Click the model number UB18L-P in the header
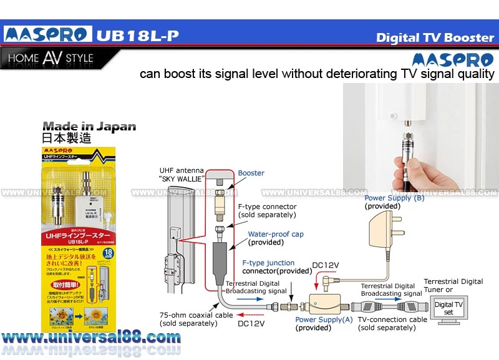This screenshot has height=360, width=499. [137, 35]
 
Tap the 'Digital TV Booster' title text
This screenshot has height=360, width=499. [435, 37]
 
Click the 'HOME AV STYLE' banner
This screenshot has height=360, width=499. [51, 59]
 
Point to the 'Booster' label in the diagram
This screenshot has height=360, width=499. [251, 173]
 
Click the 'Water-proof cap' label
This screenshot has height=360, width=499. [276, 234]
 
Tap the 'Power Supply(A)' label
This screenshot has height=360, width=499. [324, 319]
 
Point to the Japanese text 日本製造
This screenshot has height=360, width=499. [66, 139]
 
